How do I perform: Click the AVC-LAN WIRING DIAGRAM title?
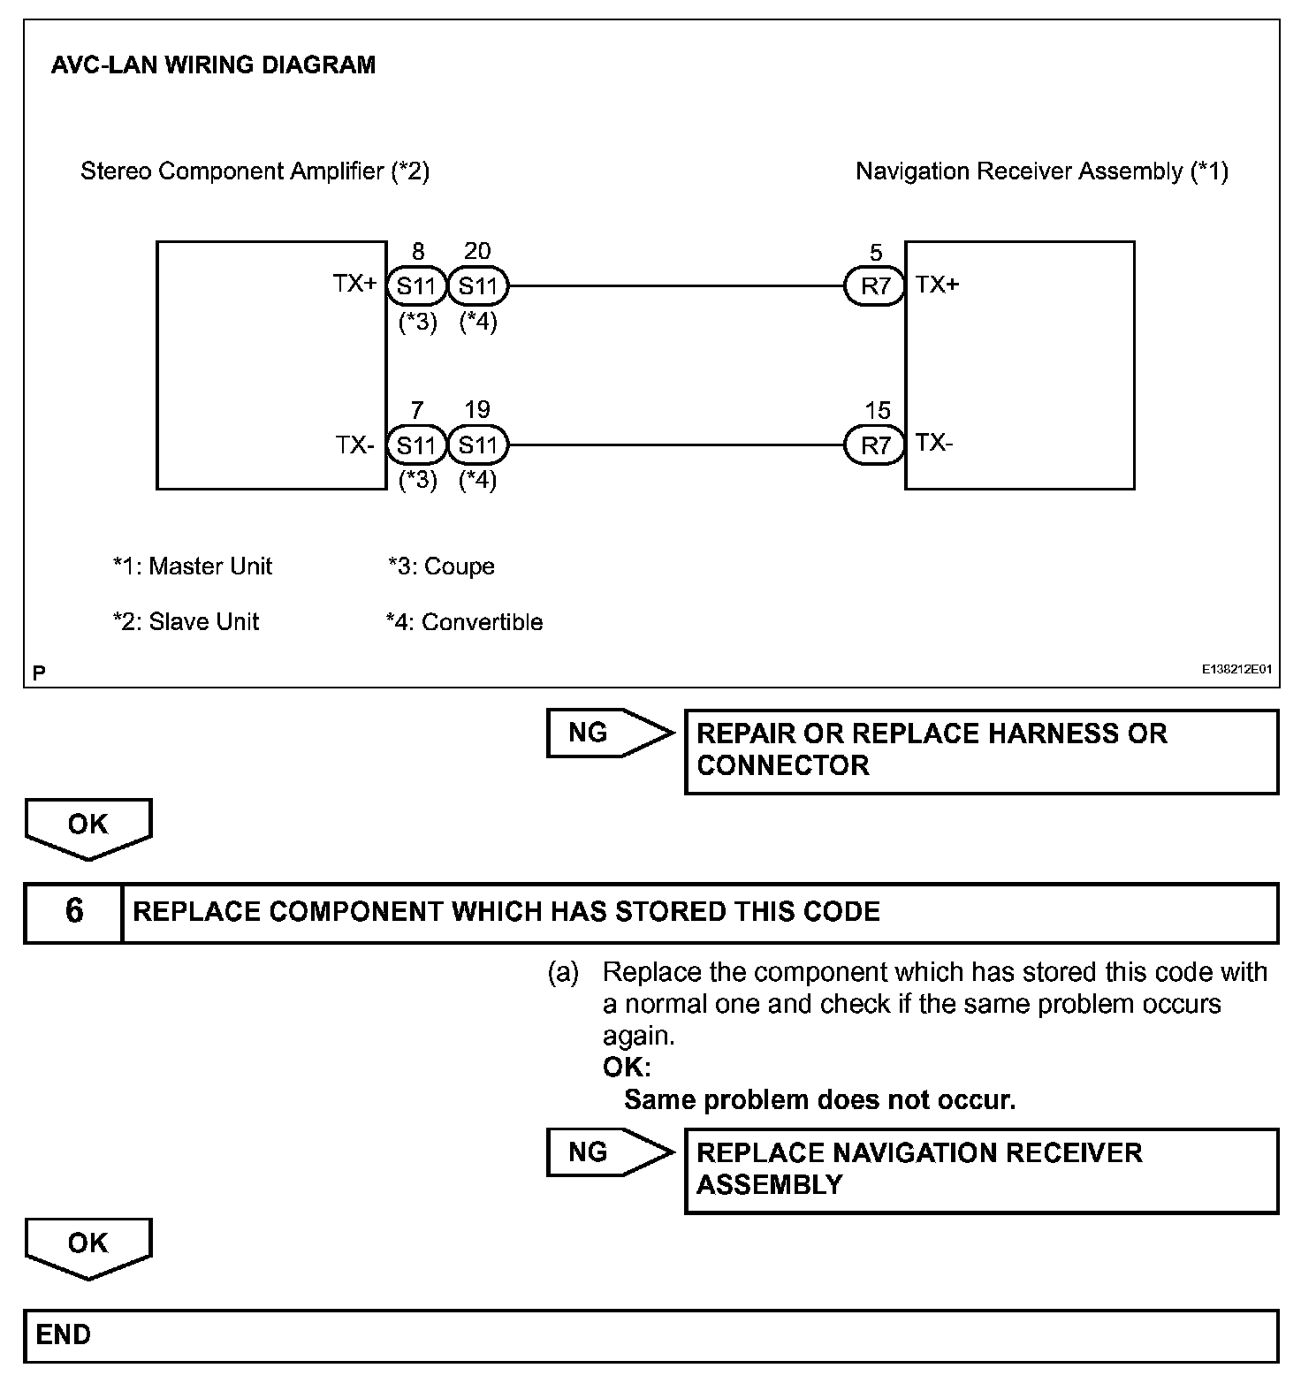213,65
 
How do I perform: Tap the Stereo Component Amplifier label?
255,171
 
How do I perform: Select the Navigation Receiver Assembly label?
1041,171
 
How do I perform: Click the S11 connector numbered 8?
416,286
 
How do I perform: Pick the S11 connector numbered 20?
478,286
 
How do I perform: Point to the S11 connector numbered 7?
416,445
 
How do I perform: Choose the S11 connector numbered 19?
478,445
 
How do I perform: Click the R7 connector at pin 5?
875,286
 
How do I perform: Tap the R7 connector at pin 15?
875,445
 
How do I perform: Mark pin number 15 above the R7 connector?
877,410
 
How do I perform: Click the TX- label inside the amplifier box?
355,445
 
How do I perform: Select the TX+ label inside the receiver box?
938,285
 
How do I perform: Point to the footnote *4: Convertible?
464,622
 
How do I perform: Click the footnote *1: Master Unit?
193,566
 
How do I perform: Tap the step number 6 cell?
73,912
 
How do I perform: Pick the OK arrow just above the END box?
88,1245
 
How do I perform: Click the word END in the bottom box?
64,1334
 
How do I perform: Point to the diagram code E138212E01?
1236,670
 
